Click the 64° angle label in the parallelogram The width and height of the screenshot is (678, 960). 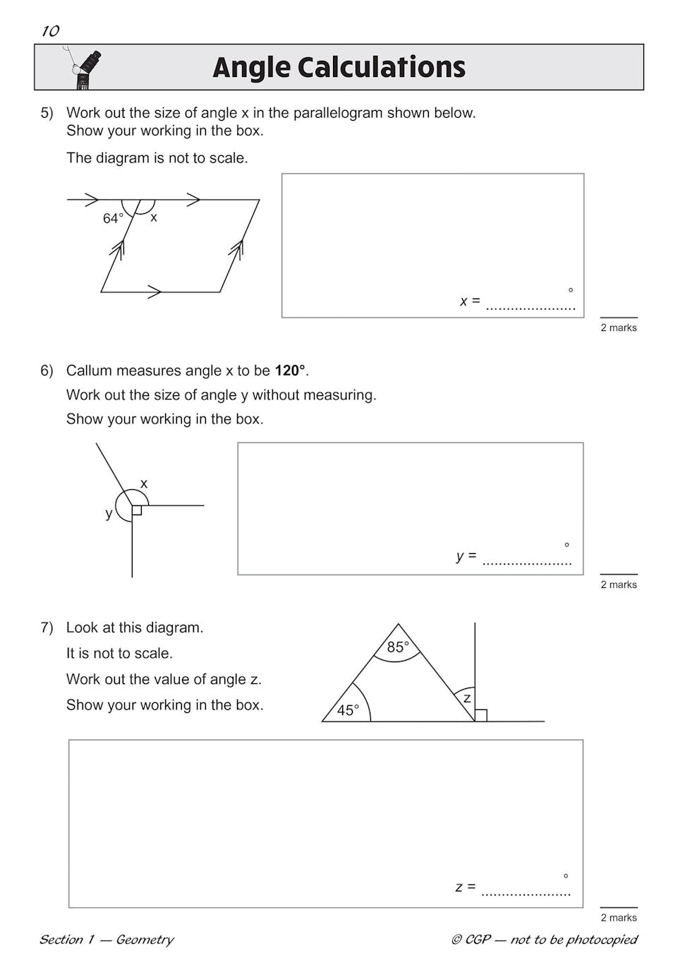[113, 219]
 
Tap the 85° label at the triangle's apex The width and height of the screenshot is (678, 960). [398, 647]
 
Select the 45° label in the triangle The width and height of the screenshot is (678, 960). [348, 710]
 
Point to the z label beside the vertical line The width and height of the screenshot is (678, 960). [466, 698]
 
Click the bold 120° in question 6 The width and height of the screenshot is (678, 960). [290, 371]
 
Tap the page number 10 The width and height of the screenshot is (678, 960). [50, 31]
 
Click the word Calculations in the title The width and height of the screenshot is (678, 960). [381, 68]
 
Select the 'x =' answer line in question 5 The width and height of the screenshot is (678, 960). [531, 305]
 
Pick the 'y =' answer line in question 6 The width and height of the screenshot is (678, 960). [526, 560]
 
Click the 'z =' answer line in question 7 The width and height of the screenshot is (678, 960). [526, 891]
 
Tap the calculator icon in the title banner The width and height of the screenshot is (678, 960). [87, 69]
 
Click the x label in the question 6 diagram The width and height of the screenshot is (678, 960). [144, 484]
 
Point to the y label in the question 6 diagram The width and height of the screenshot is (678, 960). [109, 514]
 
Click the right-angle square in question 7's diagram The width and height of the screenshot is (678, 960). [481, 715]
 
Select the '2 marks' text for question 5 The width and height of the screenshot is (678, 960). [619, 328]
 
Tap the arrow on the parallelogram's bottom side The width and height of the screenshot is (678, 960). [155, 292]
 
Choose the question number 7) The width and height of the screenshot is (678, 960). [47, 628]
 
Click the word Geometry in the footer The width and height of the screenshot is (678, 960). [145, 940]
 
